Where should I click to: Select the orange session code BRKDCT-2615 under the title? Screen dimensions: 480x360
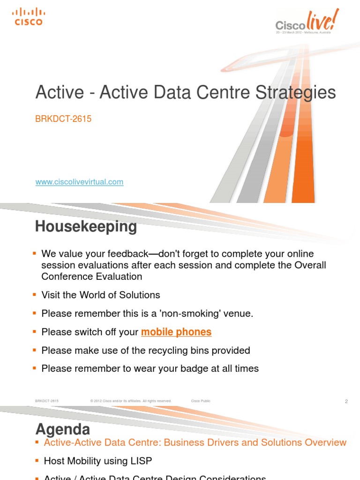coord(63,119)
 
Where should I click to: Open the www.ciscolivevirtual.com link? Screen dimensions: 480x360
coord(79,182)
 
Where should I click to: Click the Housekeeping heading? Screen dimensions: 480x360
coord(86,227)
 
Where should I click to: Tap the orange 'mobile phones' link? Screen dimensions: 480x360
coord(176,332)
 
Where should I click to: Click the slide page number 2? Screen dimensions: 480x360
coord(346,401)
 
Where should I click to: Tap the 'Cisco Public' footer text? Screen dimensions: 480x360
coord(201,401)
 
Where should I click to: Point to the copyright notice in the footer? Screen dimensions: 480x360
coord(131,401)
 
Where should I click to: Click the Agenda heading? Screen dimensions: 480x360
coord(63,429)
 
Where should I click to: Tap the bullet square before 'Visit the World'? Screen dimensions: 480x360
coord(34,295)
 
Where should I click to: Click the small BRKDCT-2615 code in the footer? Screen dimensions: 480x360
coord(46,401)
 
